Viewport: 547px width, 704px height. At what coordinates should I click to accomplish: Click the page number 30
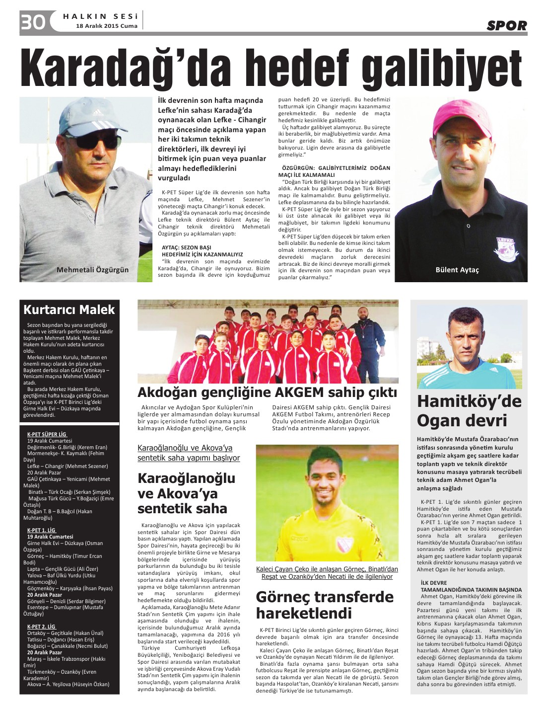click(33, 22)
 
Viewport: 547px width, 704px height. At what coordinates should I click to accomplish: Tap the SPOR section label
click(506, 26)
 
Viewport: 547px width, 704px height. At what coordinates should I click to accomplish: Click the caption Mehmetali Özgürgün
click(92, 270)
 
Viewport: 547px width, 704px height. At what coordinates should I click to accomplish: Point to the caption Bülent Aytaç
click(457, 270)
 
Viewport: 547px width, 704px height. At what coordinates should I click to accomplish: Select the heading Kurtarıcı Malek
click(69, 310)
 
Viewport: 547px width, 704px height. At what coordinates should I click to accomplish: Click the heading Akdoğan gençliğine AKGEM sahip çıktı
click(267, 392)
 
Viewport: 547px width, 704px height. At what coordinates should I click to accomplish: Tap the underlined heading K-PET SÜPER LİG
click(47, 434)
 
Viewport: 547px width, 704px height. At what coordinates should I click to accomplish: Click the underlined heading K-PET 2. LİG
click(41, 626)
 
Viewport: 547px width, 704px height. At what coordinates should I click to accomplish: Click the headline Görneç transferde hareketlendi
click(325, 605)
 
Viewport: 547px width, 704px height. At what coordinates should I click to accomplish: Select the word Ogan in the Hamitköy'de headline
click(439, 421)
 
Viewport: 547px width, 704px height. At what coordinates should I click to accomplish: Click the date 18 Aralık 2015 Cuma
click(107, 26)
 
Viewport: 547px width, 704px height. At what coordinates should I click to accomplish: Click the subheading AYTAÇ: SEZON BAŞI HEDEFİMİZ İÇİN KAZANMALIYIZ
click(202, 250)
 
